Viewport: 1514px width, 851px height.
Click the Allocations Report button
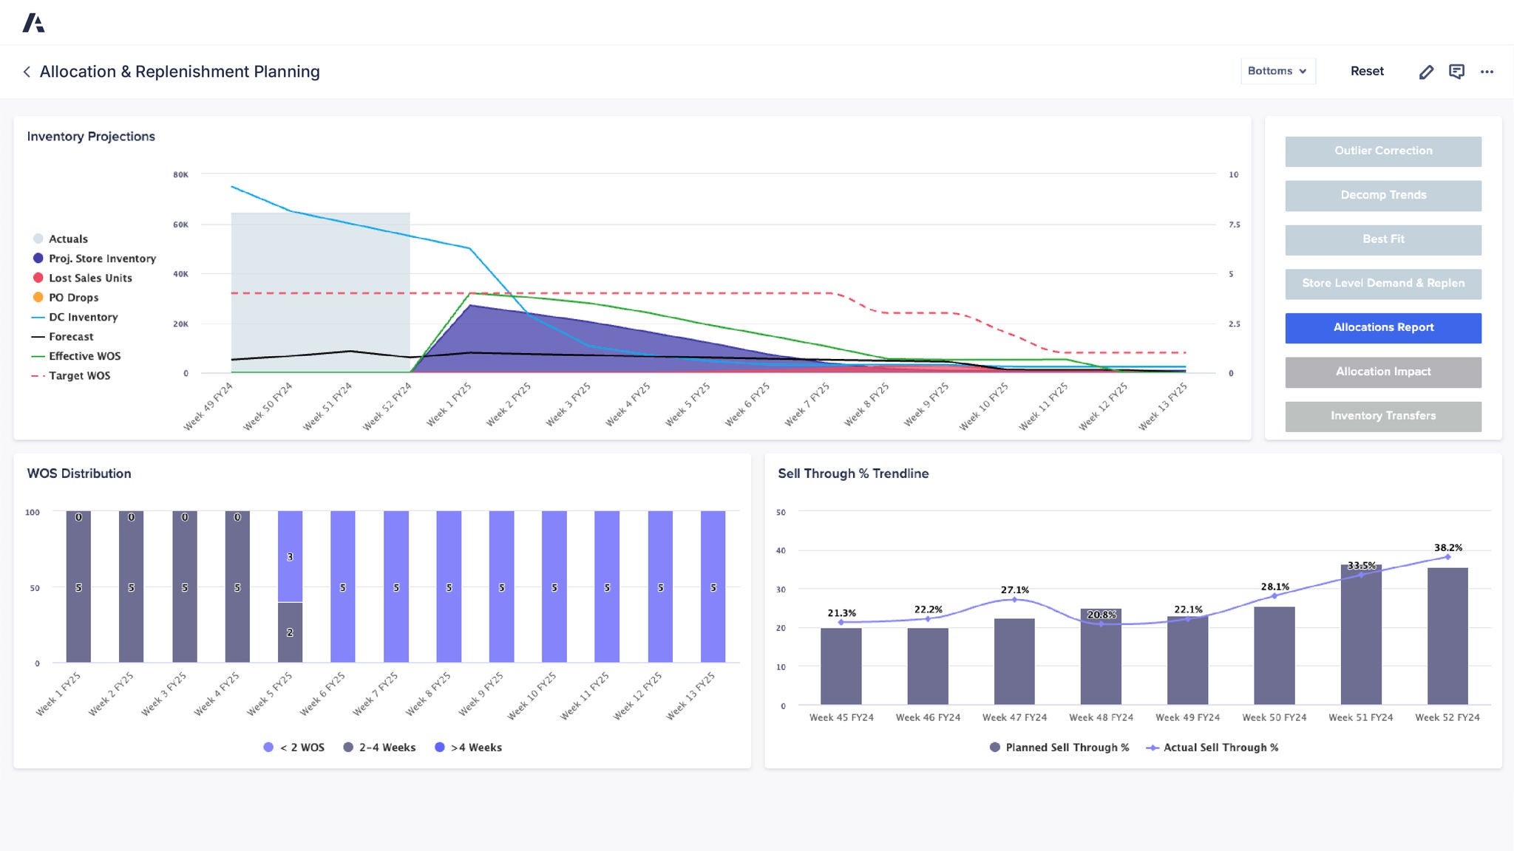1382,327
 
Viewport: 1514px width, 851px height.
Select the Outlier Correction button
1382,151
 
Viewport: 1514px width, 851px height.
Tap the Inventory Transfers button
1382,416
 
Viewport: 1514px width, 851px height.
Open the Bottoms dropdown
1277,71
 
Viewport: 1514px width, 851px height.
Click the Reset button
1366,71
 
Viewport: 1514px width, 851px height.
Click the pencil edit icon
1426,72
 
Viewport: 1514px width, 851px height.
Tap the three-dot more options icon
1487,72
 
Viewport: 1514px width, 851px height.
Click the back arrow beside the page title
27,72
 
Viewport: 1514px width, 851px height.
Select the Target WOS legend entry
79,375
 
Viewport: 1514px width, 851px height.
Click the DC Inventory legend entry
83,317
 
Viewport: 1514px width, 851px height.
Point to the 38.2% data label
1447,547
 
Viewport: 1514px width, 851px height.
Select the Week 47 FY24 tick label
1014,717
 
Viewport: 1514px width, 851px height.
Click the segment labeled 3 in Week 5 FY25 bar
290,556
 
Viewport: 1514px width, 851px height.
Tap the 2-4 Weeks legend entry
387,748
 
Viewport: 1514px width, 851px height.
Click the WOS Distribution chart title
79,474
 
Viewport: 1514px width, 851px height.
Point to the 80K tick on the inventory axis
180,175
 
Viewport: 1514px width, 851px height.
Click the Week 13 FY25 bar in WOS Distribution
713,587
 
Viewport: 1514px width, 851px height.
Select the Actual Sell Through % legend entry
1220,748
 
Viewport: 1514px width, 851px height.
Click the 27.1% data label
1014,589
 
